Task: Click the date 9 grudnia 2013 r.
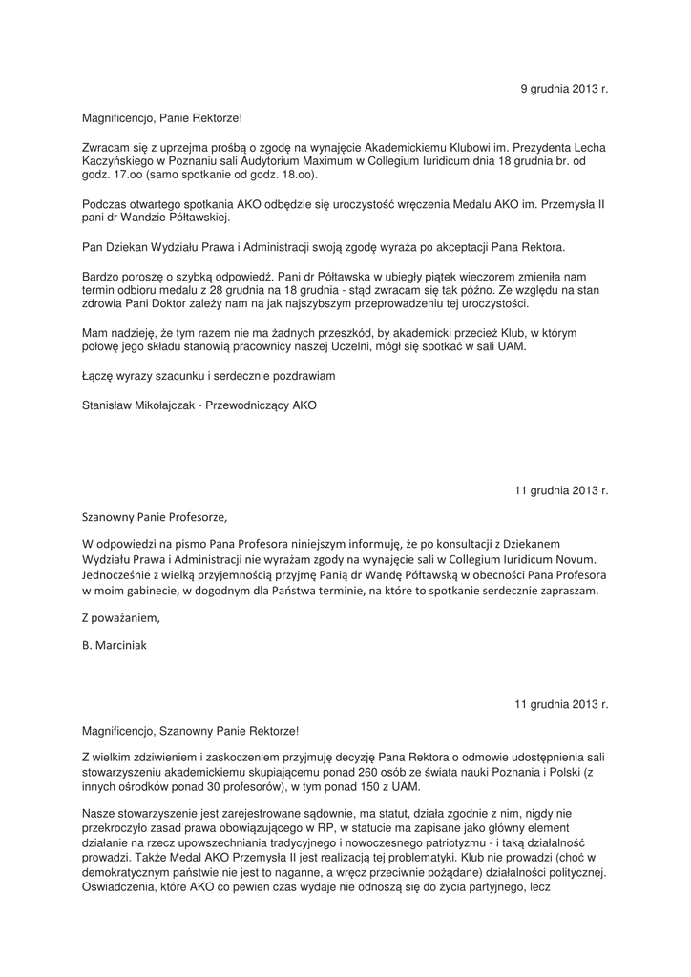[x=564, y=89]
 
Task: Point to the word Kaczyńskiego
[x=117, y=163]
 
